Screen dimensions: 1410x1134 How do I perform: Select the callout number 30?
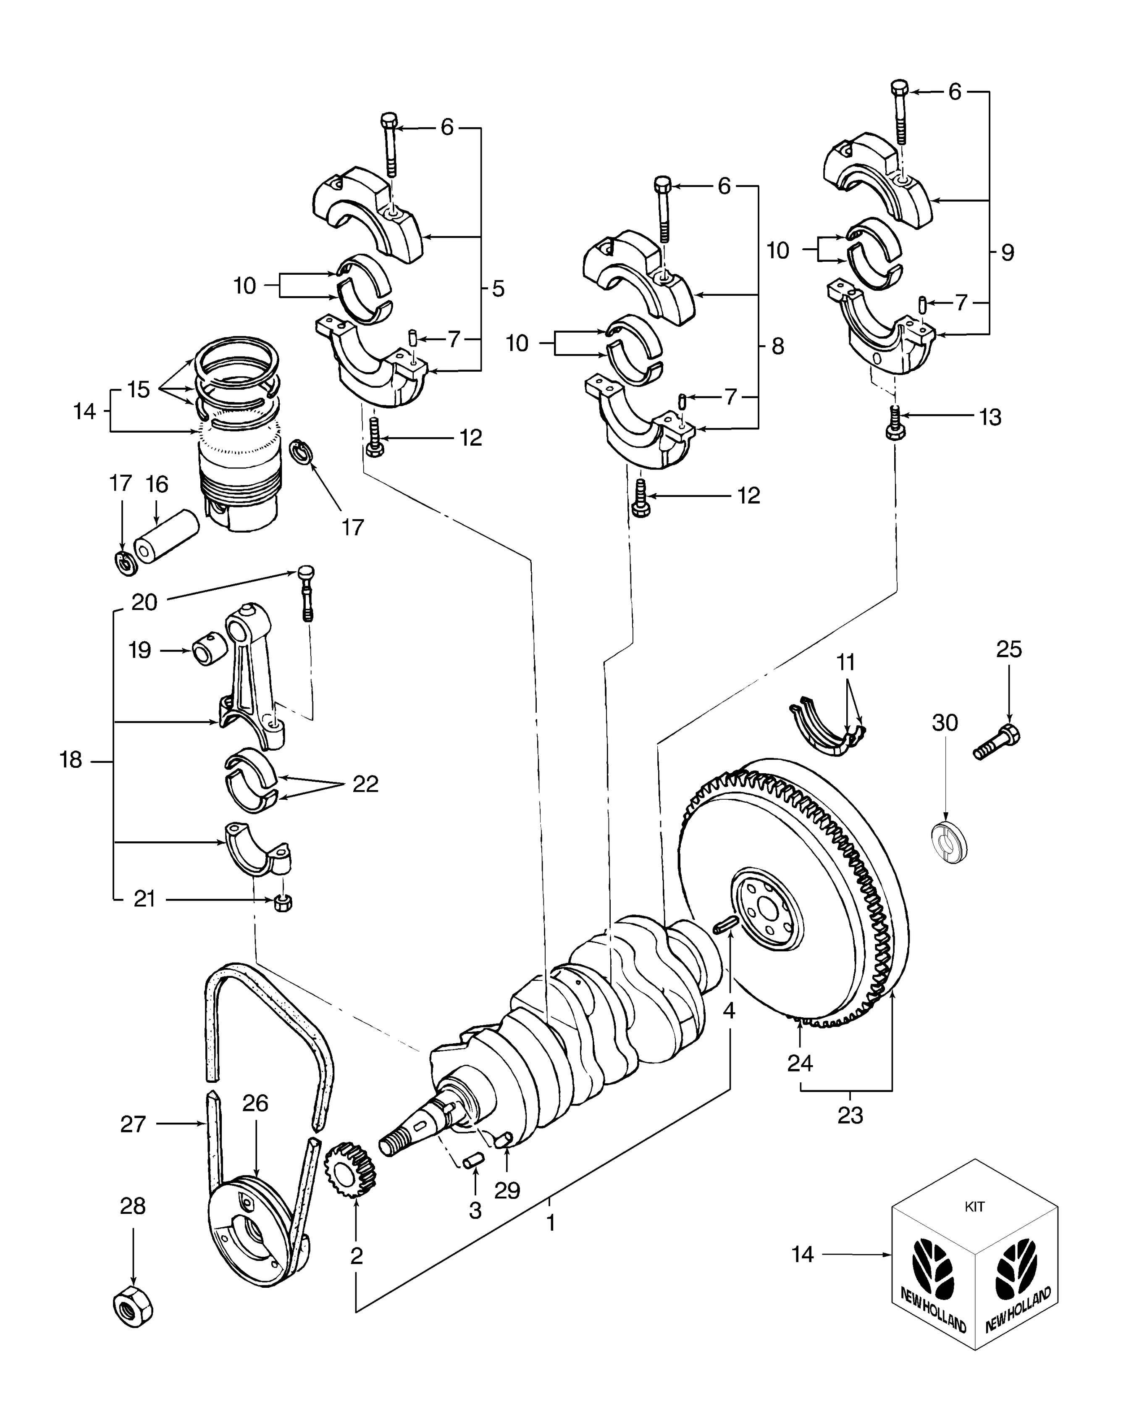[944, 723]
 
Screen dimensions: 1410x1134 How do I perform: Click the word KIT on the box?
[974, 1207]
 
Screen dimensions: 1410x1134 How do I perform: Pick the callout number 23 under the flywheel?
[850, 1116]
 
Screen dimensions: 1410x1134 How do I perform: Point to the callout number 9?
[1007, 252]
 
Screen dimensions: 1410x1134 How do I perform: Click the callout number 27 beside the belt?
[132, 1124]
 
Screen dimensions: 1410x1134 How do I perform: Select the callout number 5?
[499, 289]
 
